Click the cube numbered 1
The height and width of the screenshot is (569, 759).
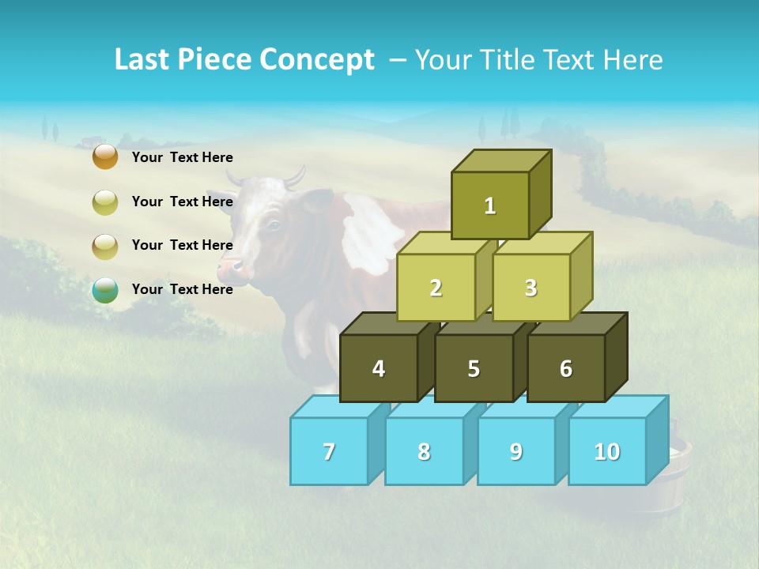coord(490,205)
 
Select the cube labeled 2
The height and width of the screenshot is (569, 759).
coord(436,288)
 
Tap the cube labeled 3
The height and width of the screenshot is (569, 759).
coord(531,288)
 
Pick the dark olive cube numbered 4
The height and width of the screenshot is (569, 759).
coord(379,368)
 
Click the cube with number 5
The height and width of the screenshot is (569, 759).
coord(474,368)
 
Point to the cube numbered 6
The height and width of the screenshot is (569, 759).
coord(566,368)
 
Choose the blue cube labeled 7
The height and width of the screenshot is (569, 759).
coord(329,451)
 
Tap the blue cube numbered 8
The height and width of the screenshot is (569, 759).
coord(424,451)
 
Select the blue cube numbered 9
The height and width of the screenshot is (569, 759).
coord(515,451)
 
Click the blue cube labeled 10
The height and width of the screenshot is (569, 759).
coord(606,451)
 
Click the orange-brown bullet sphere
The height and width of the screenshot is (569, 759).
coord(105,156)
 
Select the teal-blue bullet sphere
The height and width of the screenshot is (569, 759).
coord(105,290)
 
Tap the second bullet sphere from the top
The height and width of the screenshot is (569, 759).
coord(105,202)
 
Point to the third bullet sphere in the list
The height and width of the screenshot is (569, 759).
coord(105,246)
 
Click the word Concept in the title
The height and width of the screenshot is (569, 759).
coord(317,60)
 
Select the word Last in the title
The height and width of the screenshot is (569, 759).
coord(144,60)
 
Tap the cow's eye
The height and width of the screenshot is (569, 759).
coord(274,225)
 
